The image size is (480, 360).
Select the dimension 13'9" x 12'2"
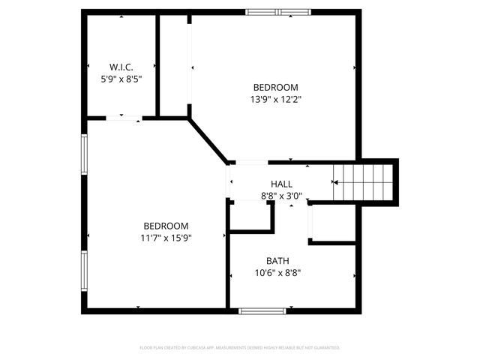point(275,98)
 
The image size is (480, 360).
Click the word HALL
point(282,184)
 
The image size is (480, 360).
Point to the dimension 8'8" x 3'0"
point(282,196)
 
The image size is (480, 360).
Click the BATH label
point(278,261)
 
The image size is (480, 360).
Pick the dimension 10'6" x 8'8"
point(278,273)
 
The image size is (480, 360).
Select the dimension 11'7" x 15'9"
point(166,238)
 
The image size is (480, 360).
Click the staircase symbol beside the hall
point(364,182)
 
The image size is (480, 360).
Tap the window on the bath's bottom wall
point(262,310)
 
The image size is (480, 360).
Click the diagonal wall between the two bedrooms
point(208,139)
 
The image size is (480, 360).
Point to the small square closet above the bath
point(250,215)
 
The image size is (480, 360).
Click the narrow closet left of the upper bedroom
point(174,65)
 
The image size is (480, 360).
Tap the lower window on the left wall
point(85,271)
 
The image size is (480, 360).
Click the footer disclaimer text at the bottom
point(240,348)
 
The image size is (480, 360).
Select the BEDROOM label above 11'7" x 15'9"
point(166,226)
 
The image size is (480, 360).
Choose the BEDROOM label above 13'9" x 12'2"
point(275,86)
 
